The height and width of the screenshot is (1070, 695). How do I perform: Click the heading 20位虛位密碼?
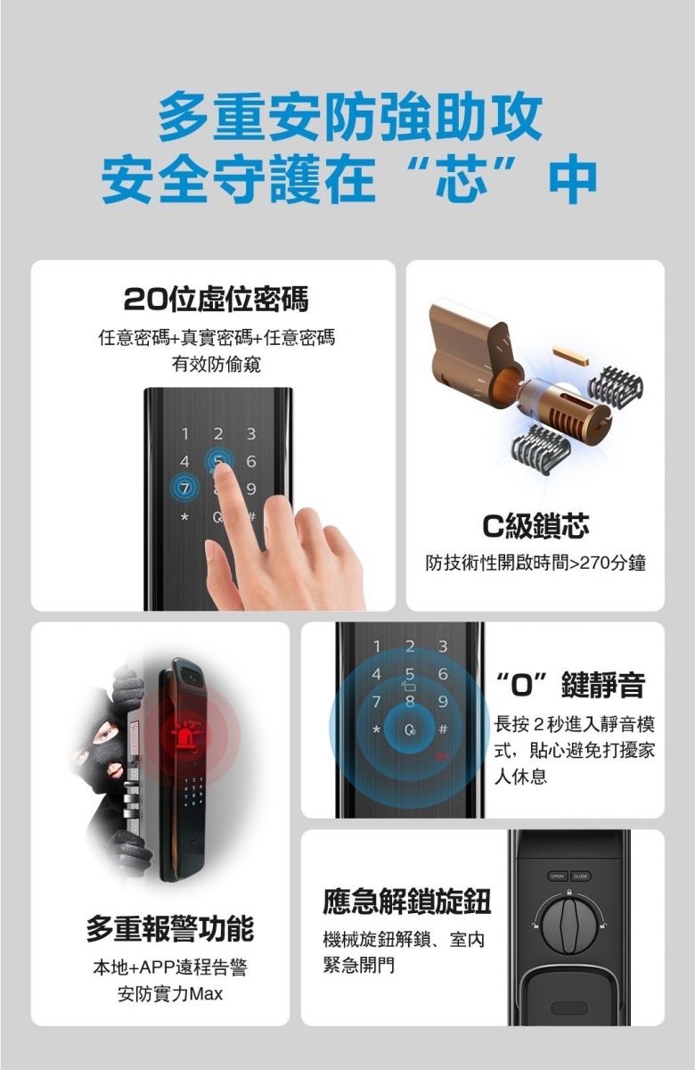pyautogui.click(x=216, y=300)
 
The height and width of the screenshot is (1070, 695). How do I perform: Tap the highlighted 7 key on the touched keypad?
pyautogui.click(x=184, y=489)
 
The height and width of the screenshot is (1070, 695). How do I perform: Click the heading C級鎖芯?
pyautogui.click(x=536, y=525)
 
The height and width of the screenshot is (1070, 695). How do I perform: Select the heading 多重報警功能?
pyautogui.click(x=170, y=928)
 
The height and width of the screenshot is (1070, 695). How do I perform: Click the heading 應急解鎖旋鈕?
pyautogui.click(x=406, y=901)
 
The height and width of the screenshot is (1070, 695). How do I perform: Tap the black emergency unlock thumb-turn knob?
pyautogui.click(x=569, y=921)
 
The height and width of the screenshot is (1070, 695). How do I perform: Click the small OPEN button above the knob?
pyautogui.click(x=557, y=876)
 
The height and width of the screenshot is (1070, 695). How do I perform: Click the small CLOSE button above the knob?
pyautogui.click(x=580, y=876)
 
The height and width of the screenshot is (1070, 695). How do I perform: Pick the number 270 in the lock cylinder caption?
pyautogui.click(x=595, y=564)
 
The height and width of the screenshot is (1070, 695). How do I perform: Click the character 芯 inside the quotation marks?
pyautogui.click(x=462, y=178)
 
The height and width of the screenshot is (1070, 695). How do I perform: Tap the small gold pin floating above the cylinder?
pyautogui.click(x=572, y=357)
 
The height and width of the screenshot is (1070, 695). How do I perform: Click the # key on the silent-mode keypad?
pyautogui.click(x=443, y=729)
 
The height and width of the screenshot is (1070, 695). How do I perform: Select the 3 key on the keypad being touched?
pyautogui.click(x=251, y=433)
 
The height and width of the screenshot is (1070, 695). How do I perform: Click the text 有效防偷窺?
pyautogui.click(x=217, y=366)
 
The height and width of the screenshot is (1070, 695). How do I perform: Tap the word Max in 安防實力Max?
pyautogui.click(x=206, y=994)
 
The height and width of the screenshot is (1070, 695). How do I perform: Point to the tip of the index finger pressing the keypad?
pyautogui.click(x=222, y=466)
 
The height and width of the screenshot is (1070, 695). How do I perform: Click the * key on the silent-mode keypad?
pyautogui.click(x=377, y=730)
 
